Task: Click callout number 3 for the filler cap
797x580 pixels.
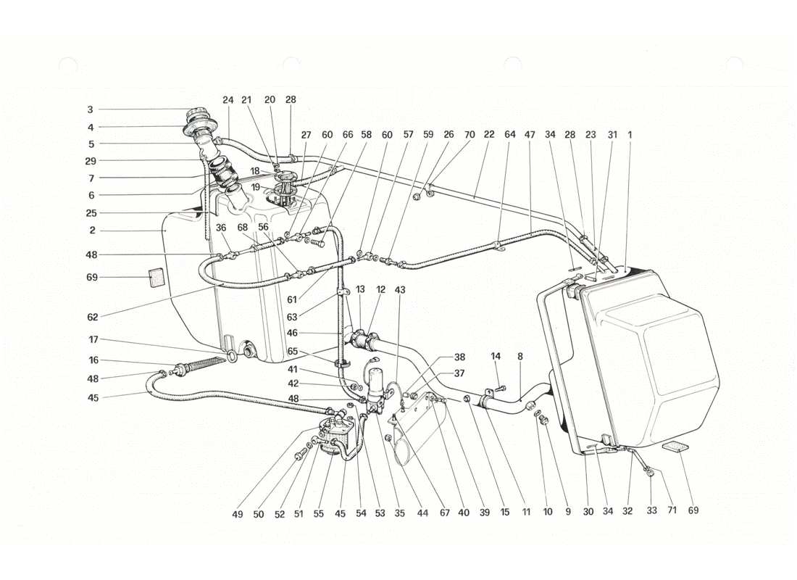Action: (90, 110)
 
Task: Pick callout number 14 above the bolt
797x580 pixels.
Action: (496, 356)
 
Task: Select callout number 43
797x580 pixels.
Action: (400, 291)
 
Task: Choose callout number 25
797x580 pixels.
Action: (90, 213)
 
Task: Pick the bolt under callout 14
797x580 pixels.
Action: (501, 389)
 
